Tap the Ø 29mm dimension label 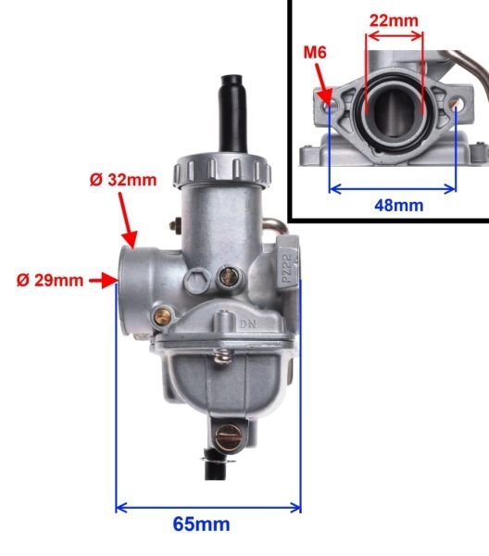[50, 279]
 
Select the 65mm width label [201, 524]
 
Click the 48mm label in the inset [393, 204]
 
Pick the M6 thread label [316, 53]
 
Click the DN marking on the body [246, 324]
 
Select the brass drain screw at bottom [225, 433]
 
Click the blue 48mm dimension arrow [393, 186]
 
